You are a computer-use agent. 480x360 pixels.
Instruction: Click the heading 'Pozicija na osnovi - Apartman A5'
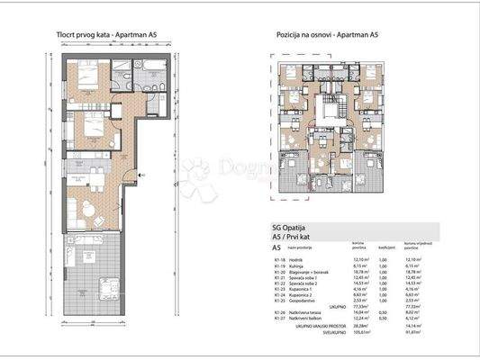pos(327,35)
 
